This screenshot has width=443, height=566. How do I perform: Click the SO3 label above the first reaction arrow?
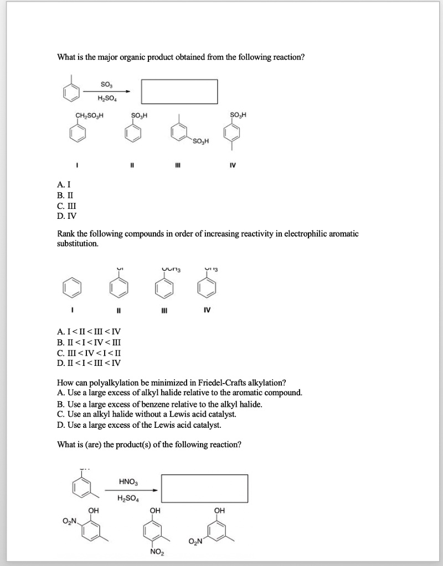coord(105,84)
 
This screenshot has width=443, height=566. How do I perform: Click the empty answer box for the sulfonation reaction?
coord(179,91)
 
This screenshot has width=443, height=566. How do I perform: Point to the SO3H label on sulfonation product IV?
coord(239,115)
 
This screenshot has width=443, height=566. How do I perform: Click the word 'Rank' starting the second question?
coord(66,234)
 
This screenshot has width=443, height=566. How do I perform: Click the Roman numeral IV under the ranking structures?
coord(205,310)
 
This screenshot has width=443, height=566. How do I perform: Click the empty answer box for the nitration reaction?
coord(204,490)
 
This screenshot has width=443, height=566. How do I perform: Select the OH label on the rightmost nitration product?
coord(220,510)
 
